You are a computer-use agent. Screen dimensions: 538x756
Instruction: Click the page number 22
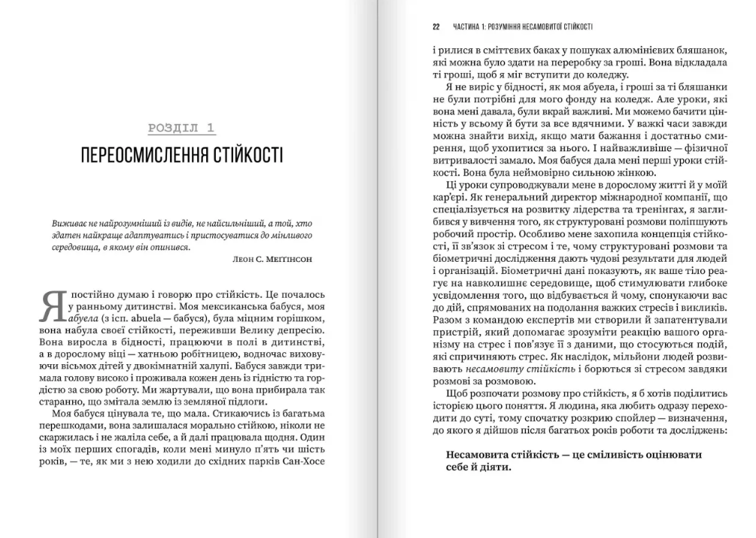click(x=436, y=27)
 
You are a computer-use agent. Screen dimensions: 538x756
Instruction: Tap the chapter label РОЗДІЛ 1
click(x=181, y=128)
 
